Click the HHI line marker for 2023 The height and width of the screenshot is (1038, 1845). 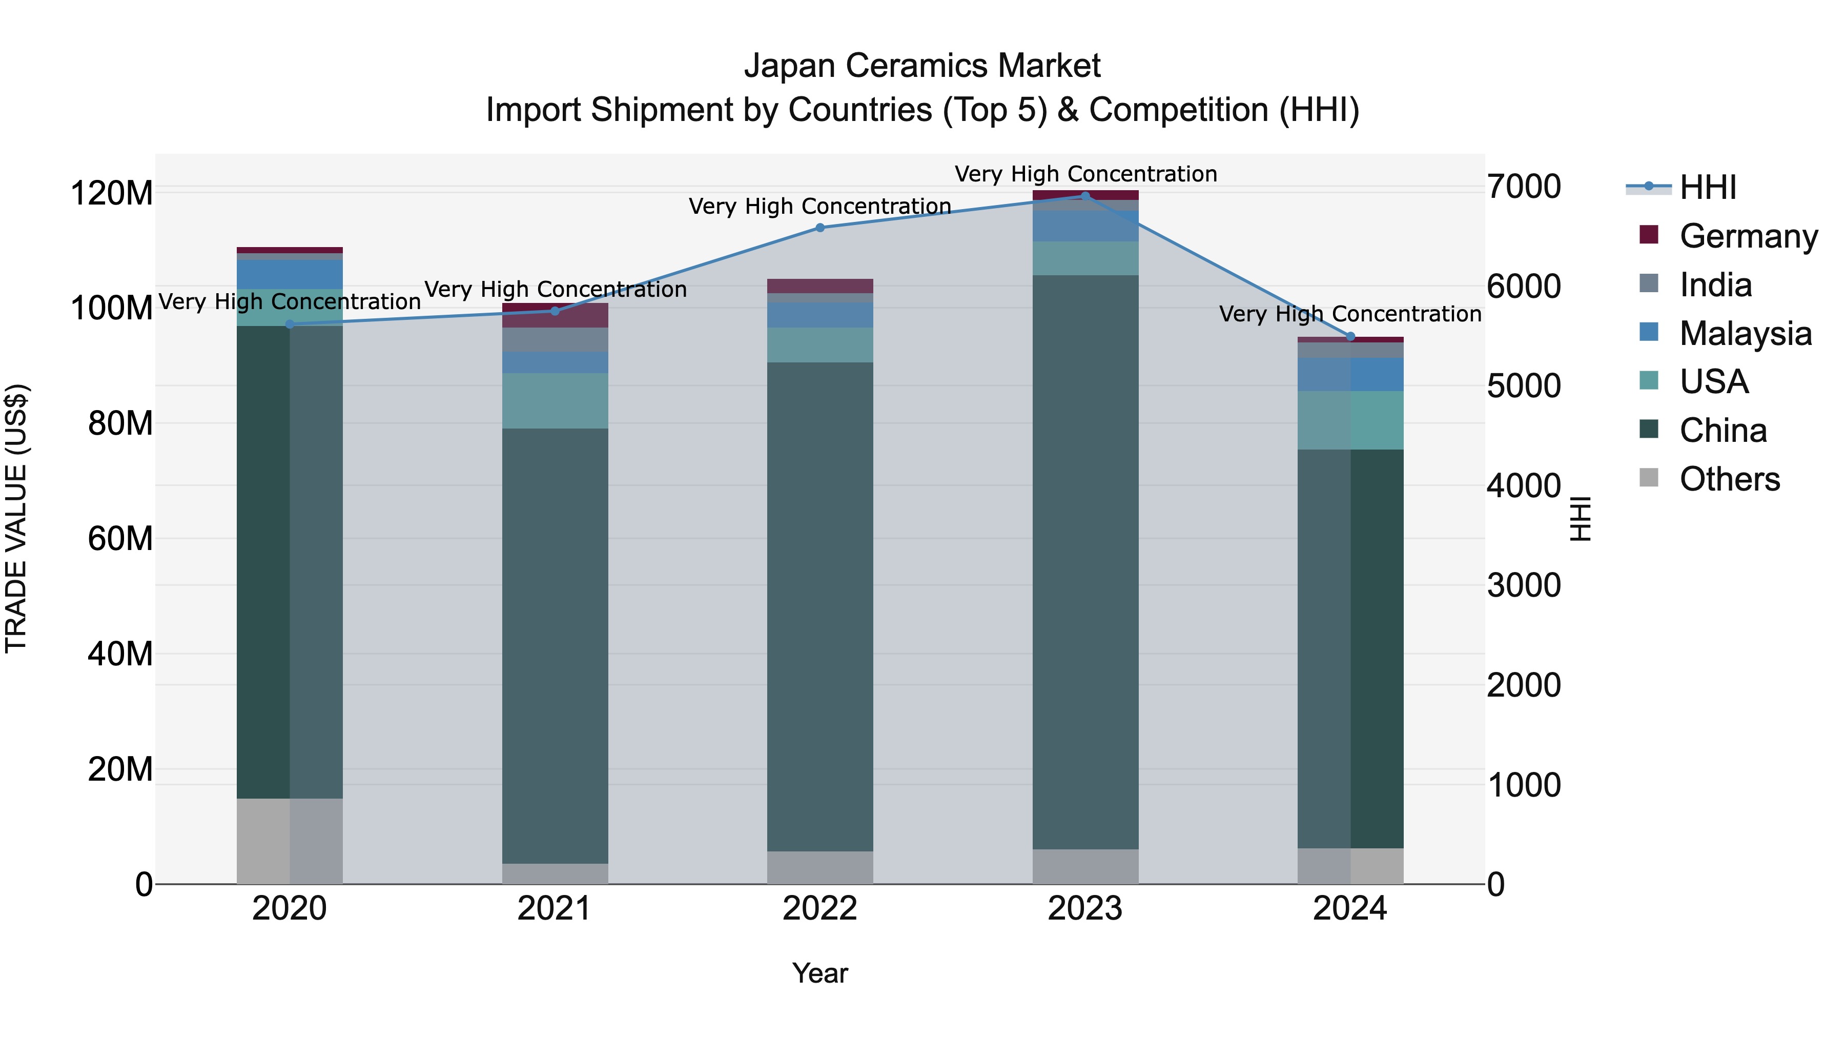1084,196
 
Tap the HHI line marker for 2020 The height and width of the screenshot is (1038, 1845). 290,324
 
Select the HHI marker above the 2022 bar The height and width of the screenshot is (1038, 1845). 820,228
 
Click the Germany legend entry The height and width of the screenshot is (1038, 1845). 1748,236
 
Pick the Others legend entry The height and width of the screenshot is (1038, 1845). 1729,479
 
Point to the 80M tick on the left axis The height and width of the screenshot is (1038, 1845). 120,423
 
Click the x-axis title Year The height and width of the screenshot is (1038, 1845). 819,973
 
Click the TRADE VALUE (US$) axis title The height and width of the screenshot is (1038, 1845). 16,518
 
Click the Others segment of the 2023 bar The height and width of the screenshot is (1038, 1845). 1085,867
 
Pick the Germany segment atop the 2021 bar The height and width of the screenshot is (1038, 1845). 555,315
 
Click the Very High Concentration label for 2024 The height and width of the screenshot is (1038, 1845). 1349,315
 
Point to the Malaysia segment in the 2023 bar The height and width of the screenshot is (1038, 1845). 1085,227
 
